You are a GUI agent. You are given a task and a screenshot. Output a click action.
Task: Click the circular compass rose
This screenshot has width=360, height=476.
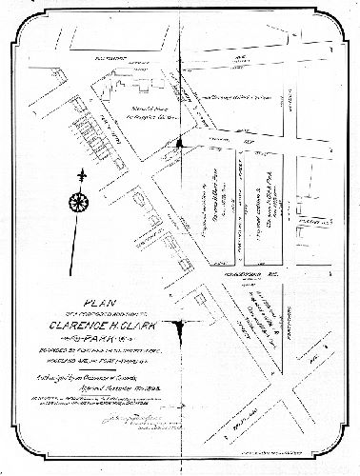click(x=78, y=203)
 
